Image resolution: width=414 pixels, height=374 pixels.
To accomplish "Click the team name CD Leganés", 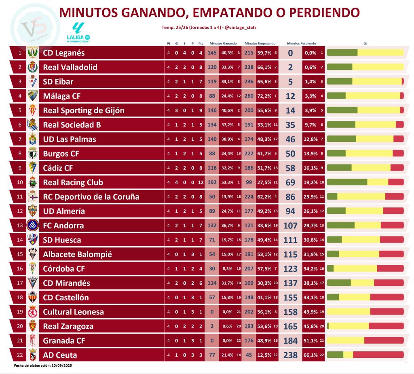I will [63, 53].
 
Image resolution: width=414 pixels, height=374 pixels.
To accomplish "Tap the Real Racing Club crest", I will [32, 182].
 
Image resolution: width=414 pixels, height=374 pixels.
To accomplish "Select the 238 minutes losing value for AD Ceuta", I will [290, 355].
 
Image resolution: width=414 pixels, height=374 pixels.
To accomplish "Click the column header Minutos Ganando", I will [223, 43].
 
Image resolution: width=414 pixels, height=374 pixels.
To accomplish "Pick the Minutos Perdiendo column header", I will [301, 43].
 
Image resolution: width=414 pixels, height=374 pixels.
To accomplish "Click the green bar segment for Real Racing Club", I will [347, 182].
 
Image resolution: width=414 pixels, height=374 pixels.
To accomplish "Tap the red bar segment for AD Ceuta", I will [378, 355].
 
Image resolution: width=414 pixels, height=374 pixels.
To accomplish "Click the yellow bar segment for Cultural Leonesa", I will [349, 312].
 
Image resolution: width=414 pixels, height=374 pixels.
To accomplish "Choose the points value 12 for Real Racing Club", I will [201, 182].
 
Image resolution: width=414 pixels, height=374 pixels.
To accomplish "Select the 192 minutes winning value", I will [212, 182].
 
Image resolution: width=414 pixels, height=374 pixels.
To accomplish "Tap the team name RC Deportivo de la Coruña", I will [91, 197].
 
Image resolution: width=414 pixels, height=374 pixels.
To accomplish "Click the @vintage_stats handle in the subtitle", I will [241, 27].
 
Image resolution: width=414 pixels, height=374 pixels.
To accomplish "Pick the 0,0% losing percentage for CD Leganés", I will [310, 53].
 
